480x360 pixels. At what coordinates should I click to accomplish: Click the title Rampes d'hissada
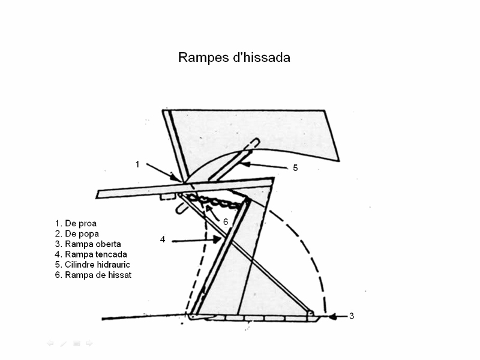click(234, 58)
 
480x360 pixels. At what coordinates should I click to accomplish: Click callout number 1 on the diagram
click(137, 164)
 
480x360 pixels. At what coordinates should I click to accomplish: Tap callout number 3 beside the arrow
click(352, 316)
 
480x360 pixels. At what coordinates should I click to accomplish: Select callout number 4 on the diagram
click(163, 240)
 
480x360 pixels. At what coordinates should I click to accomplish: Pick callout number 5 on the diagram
click(295, 168)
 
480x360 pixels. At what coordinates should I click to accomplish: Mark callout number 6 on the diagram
click(226, 221)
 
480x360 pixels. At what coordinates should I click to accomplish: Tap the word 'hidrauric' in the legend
click(113, 265)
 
